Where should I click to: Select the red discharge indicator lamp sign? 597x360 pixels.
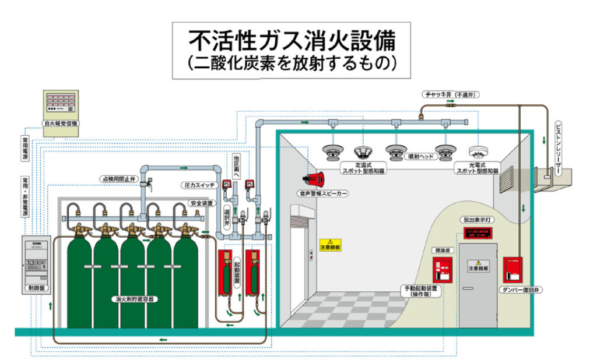478,233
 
